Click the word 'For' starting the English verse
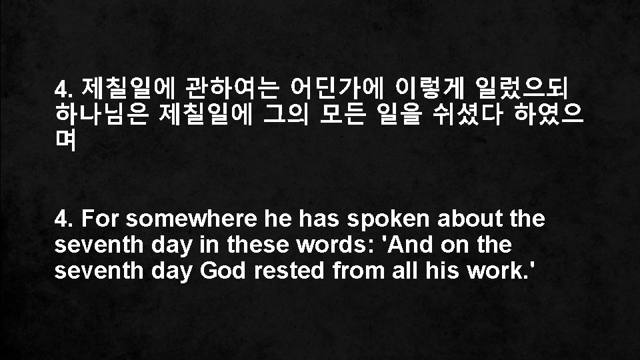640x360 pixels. [x=101, y=219]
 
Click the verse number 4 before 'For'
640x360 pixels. [x=62, y=219]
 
